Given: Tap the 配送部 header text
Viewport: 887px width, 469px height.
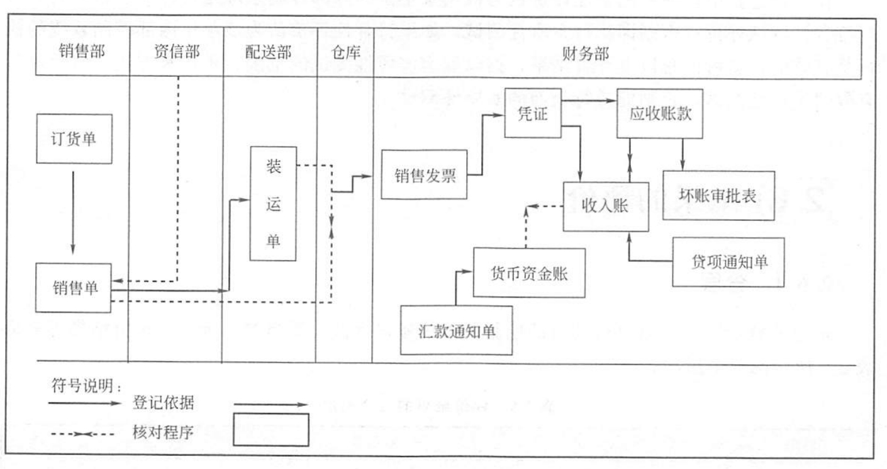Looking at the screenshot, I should click(269, 54).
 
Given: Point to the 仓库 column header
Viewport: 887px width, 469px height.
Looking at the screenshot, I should click(345, 54).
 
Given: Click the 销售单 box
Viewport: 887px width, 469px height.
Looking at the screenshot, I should click(73, 288).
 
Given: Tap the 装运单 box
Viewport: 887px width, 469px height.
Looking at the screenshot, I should click(273, 203).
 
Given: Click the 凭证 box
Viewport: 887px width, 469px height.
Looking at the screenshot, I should click(533, 113).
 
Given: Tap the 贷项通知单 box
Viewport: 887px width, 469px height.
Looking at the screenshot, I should click(728, 262).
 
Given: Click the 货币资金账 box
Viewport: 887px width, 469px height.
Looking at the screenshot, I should click(528, 273).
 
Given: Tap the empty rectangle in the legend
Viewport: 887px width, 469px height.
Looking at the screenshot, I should click(271, 429).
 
